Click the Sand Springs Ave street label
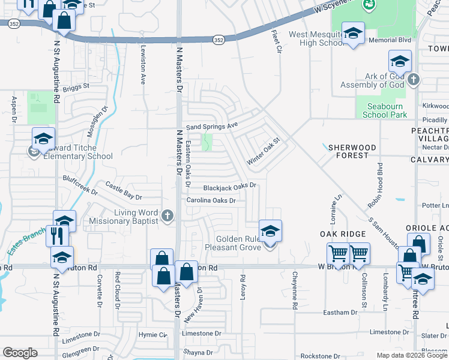pos(212,127)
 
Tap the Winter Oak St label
pos(264,152)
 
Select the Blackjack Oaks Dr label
pos(229,187)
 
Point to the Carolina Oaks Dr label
pos(210,200)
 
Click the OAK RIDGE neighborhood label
pos(343,233)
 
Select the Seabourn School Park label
pos(385,110)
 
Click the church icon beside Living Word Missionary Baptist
pos(167,215)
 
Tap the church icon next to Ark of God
pos(413,79)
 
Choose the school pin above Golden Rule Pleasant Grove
pos(270,231)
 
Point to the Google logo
pos(20,353)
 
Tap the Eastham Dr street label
pos(340,313)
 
